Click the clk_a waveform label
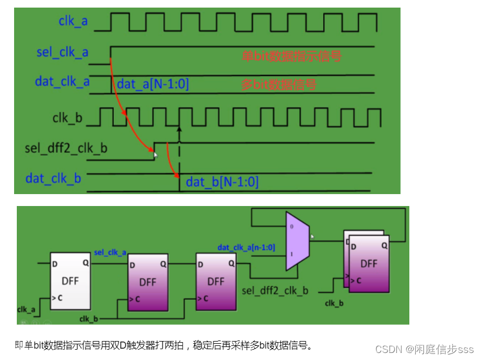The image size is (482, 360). pos(74,21)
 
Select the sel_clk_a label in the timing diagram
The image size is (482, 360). pos(62,53)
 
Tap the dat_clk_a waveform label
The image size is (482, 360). pos(62,81)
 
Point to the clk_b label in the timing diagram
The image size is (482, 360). pos(67,118)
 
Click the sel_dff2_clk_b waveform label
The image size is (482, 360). pos(66,147)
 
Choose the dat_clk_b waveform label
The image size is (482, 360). pos(53,178)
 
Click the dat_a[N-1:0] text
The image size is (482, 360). pos(153,84)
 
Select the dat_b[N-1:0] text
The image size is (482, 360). pos(222,182)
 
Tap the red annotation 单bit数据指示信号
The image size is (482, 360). pos(291,55)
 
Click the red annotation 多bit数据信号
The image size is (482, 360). pos(278,85)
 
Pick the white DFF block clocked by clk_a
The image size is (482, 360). pos(70,281)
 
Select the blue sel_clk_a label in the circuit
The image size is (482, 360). pos(110,253)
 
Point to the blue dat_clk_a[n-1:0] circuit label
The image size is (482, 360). pos(246,247)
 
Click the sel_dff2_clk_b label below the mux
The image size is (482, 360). pos(275,291)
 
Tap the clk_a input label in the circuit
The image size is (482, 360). pos(26,309)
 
